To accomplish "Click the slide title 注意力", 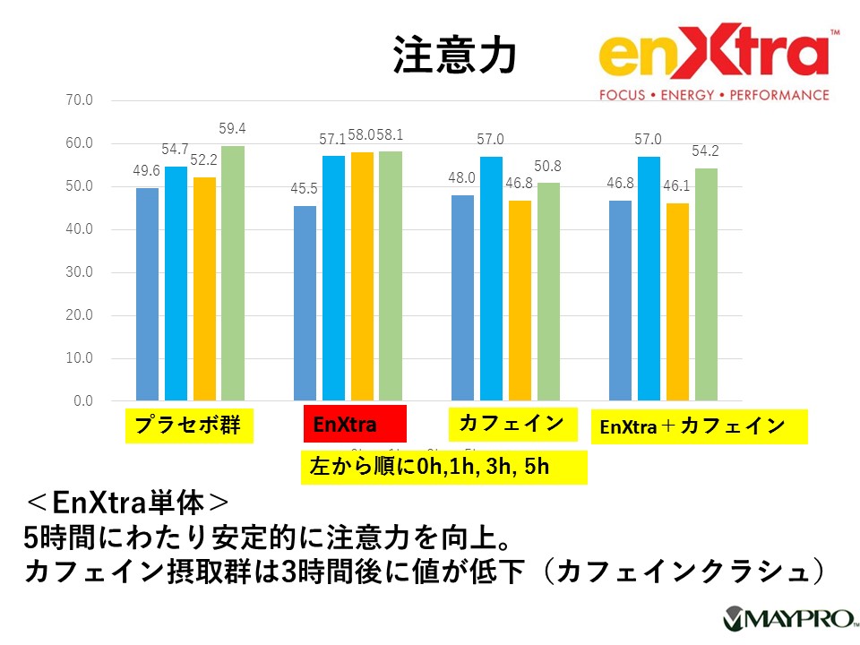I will point(454,56).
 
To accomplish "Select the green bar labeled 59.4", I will point(233,272).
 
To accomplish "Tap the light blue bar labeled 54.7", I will point(176,283).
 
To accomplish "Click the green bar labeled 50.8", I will point(548,291).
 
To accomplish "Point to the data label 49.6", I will point(147,171).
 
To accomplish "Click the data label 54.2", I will point(707,151).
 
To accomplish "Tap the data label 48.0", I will point(462,178).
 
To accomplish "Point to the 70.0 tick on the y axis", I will point(80,100).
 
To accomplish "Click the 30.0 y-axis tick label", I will point(80,272).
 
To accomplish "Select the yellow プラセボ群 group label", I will point(188,426).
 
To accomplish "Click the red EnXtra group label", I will point(355,424).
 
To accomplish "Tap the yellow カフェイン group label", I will point(511,423).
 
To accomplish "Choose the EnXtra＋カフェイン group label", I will point(697,426).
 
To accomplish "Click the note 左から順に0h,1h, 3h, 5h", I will point(443,467).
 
